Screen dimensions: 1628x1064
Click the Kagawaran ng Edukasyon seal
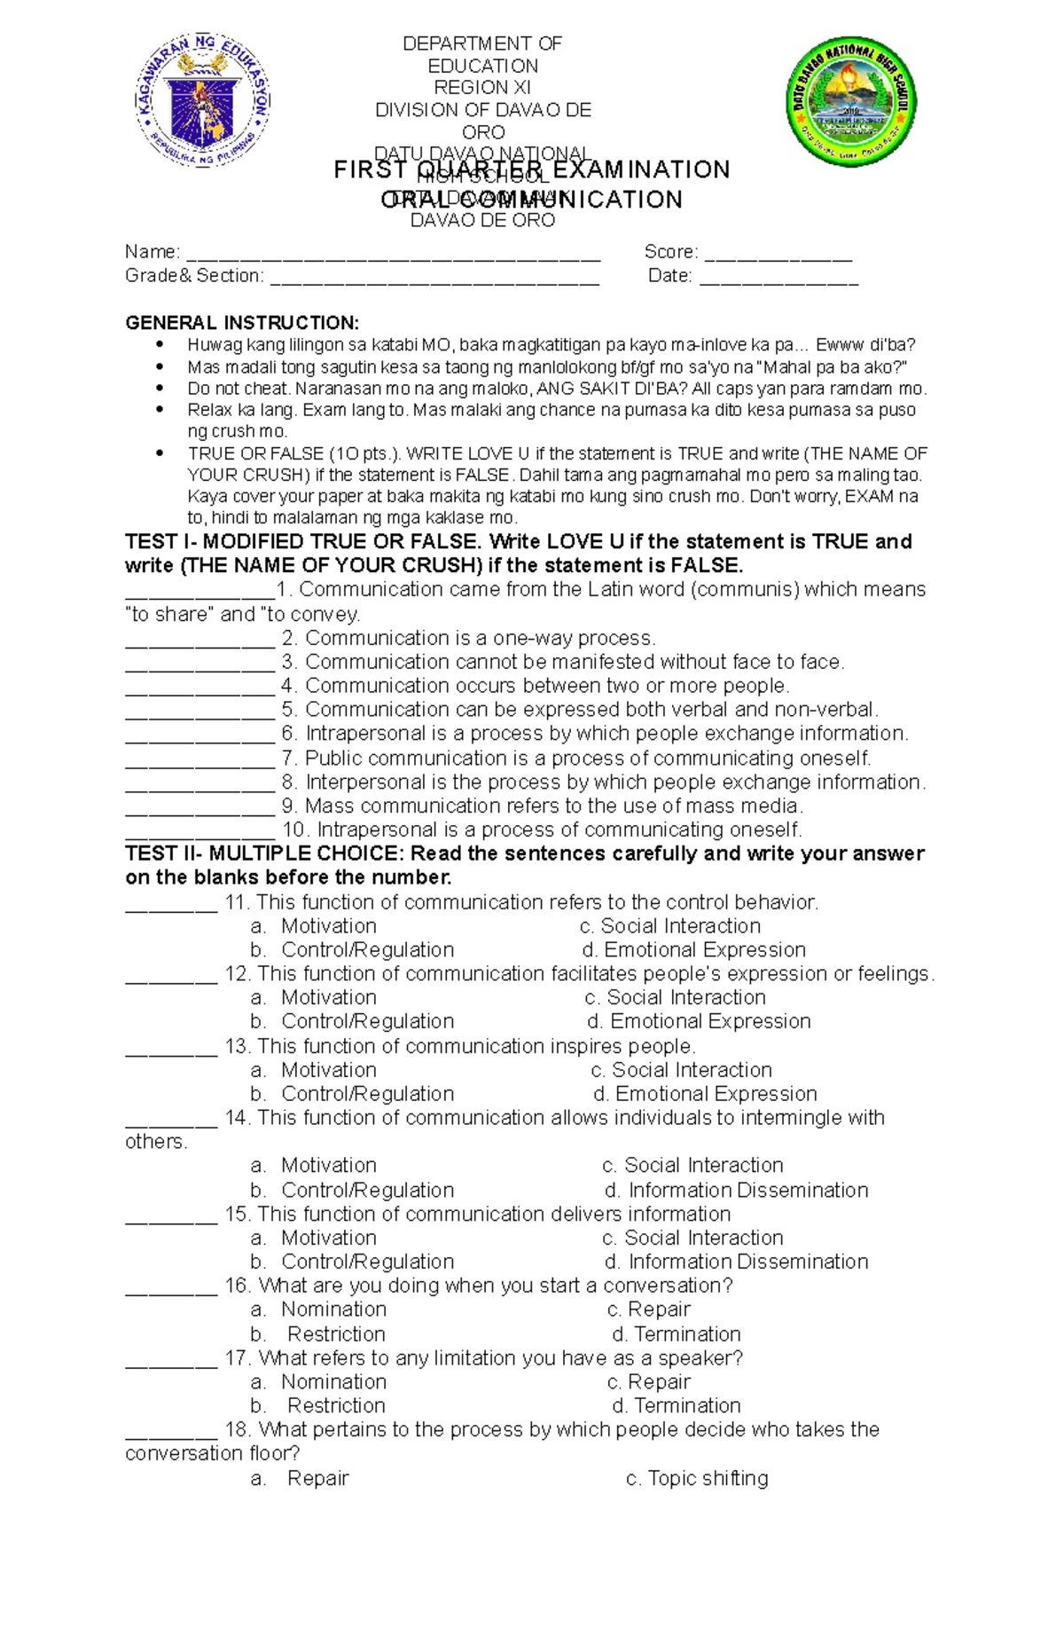202,101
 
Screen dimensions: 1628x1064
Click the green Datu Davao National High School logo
849,101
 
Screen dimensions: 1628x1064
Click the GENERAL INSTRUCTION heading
242,322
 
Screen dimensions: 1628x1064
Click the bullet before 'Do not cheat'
160,388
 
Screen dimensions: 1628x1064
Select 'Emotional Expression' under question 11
704,949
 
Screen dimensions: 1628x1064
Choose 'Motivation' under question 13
328,1070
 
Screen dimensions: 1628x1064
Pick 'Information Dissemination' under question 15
747,1262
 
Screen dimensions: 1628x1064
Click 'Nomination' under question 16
333,1309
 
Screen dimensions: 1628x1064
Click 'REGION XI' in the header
482,87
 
